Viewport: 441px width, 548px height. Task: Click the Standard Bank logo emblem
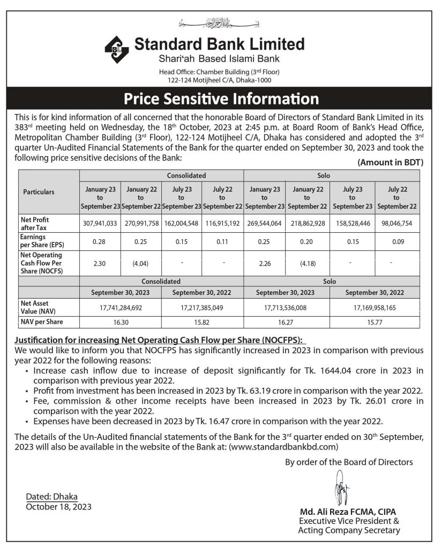117,49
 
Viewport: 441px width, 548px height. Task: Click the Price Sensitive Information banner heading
221,99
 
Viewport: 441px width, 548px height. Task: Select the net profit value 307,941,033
100,223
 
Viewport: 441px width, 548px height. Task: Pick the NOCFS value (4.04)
141,263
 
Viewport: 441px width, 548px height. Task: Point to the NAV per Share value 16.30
121,322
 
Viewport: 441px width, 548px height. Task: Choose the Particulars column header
39,192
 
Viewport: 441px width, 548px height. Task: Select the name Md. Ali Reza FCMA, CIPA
348,511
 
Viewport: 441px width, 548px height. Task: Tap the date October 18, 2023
58,507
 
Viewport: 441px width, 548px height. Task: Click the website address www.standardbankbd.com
283,446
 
